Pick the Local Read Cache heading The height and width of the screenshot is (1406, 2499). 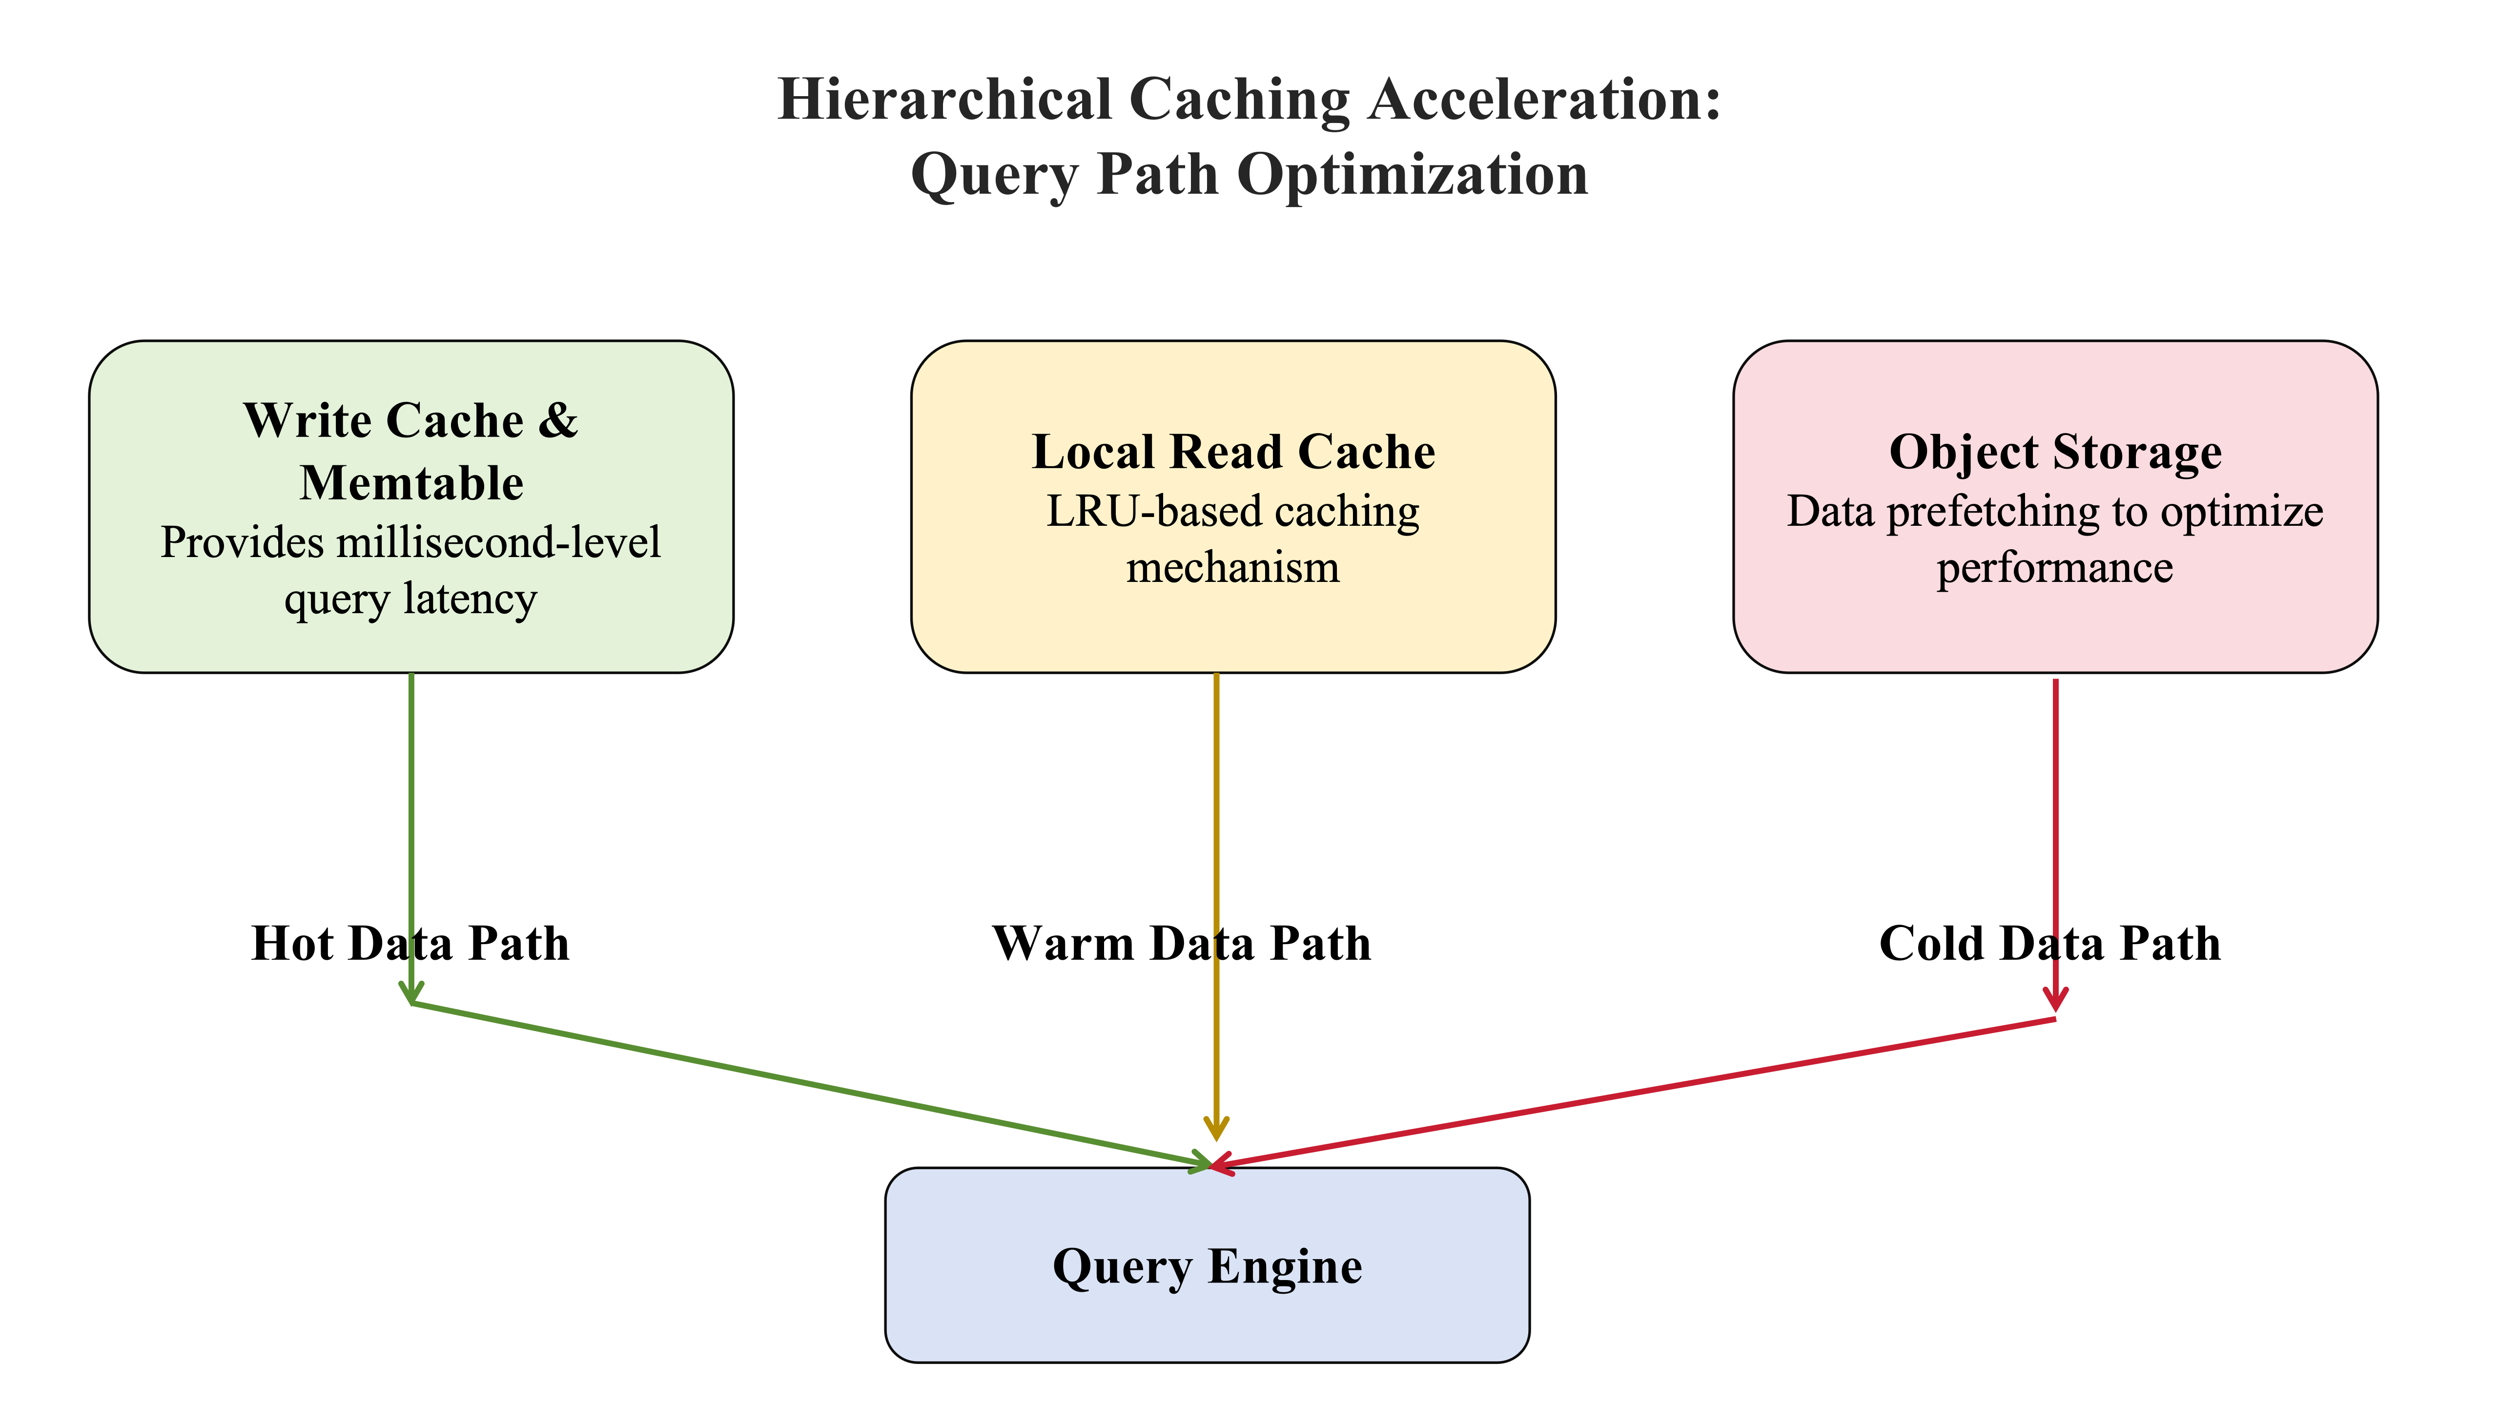(x=1233, y=452)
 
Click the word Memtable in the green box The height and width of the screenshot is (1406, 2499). (x=411, y=483)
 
